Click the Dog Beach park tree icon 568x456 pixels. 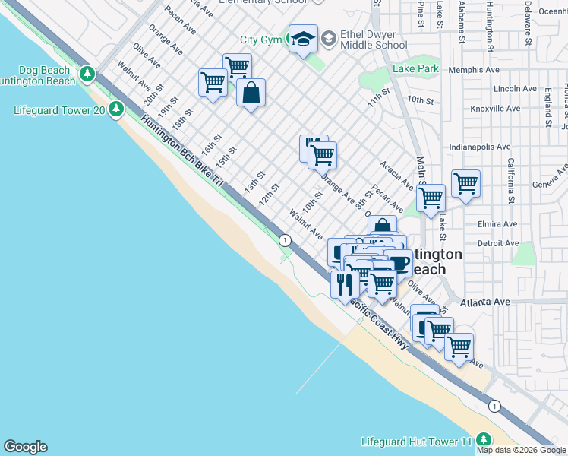pos(87,74)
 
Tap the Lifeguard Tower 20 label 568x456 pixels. pos(59,110)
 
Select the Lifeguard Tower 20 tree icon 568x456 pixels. pos(115,110)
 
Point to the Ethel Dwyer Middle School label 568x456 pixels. pos(374,40)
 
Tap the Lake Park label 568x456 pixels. pos(416,69)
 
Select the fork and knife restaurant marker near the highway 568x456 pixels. pos(344,284)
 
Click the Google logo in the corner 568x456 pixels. pos(25,447)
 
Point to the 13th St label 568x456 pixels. pos(254,181)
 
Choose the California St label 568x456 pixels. pos(511,176)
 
